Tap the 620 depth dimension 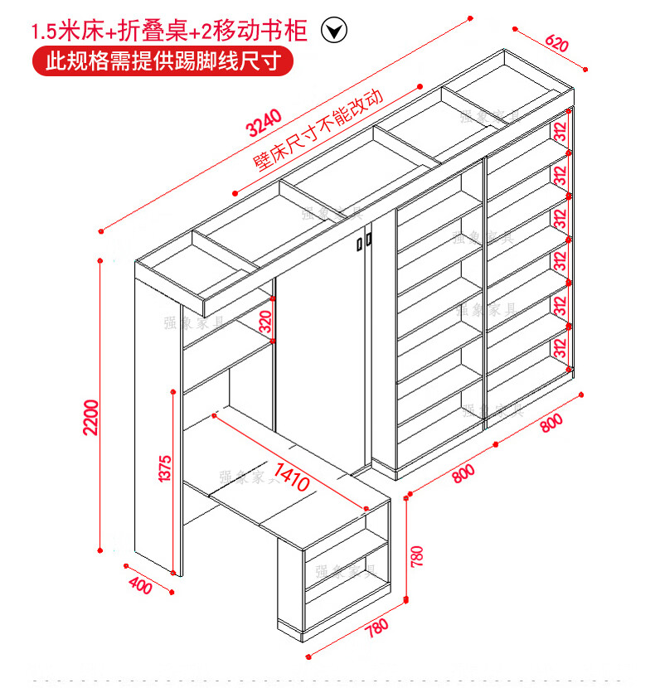pyautogui.click(x=557, y=44)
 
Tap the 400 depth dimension pyautogui.click(x=141, y=585)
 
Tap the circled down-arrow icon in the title pyautogui.click(x=333, y=31)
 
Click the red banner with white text pyautogui.click(x=162, y=61)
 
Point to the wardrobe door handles pyautogui.click(x=364, y=242)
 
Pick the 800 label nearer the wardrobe pyautogui.click(x=464, y=473)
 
